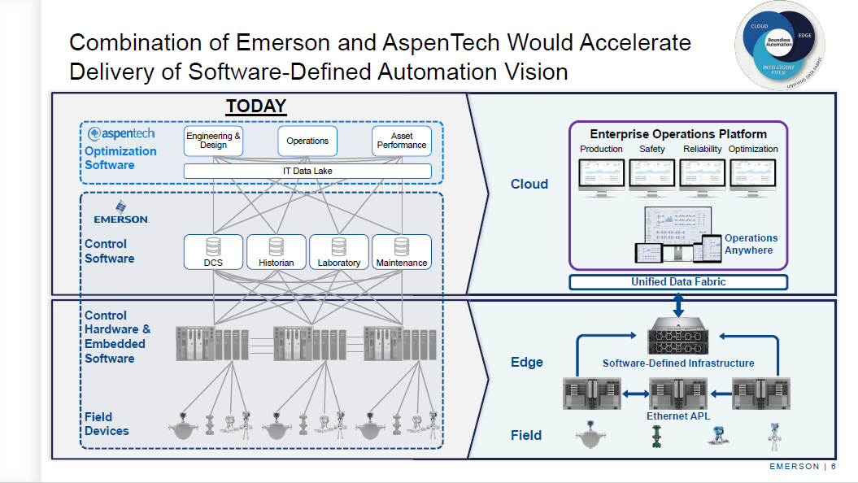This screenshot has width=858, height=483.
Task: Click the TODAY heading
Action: point(256,106)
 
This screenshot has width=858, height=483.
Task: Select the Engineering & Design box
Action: point(214,141)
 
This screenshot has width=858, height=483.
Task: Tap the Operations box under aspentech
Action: point(307,141)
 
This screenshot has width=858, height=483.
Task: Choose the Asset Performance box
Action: point(401,141)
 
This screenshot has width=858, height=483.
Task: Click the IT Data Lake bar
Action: point(307,171)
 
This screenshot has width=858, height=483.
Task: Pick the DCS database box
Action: point(213,252)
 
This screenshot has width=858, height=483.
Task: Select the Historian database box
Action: point(277,252)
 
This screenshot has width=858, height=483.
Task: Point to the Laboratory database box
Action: point(338,252)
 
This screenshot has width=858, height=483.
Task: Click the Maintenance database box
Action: point(402,252)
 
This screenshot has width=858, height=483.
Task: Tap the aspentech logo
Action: point(121,133)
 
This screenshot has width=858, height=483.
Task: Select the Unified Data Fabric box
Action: point(678,282)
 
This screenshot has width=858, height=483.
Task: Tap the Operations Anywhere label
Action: point(750,244)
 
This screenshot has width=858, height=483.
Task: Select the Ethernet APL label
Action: point(678,416)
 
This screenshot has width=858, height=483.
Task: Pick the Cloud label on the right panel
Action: point(529,184)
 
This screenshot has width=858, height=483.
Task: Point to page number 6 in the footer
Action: point(834,466)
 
